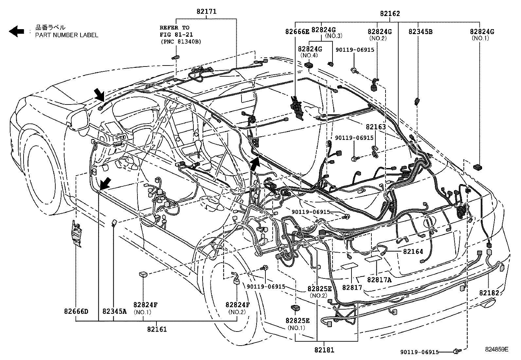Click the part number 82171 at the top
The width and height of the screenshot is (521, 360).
click(206, 11)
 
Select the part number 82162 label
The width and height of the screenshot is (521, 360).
click(390, 14)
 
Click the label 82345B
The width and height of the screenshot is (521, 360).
click(421, 32)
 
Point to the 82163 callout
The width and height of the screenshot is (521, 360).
click(376, 127)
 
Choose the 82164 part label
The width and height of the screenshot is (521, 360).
click(413, 252)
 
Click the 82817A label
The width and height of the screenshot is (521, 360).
click(379, 280)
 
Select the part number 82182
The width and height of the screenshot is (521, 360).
click(489, 293)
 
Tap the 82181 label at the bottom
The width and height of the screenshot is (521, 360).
click(323, 350)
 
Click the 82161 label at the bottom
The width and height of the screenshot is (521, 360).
click(157, 329)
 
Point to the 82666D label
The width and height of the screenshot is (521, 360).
click(76, 311)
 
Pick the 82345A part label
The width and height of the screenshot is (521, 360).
click(114, 311)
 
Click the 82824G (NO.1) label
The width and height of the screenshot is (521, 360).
click(482, 32)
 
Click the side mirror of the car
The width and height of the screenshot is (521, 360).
click(80, 121)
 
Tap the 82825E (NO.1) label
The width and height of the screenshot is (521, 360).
click(297, 320)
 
